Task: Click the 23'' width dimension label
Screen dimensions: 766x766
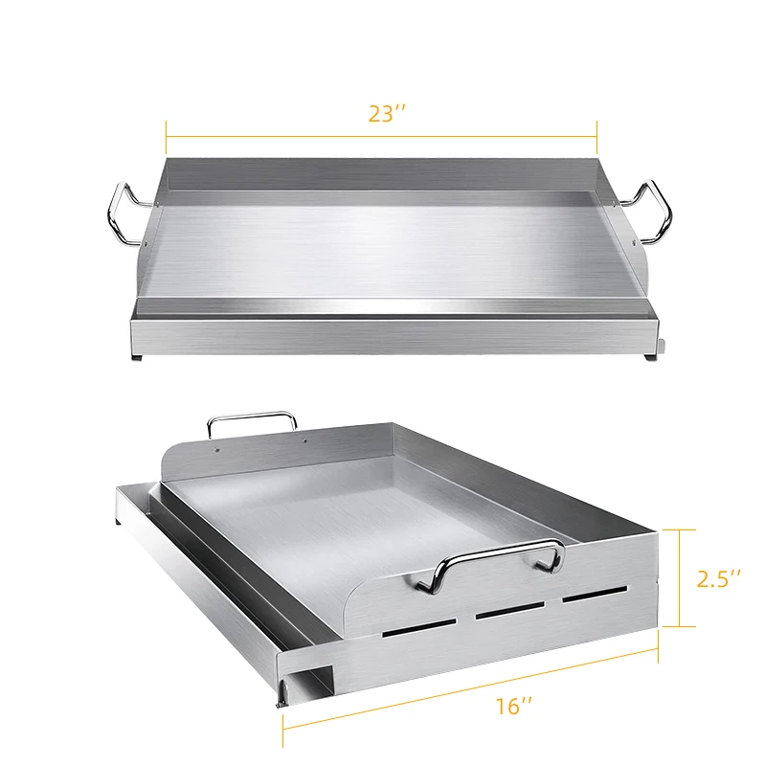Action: pos(388,112)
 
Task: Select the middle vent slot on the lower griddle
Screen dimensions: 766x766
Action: pos(509,614)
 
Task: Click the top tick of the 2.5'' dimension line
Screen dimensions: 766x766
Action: pos(680,529)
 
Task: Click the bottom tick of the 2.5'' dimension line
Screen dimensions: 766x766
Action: pos(680,626)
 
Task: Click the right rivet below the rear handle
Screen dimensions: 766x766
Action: pos(304,440)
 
